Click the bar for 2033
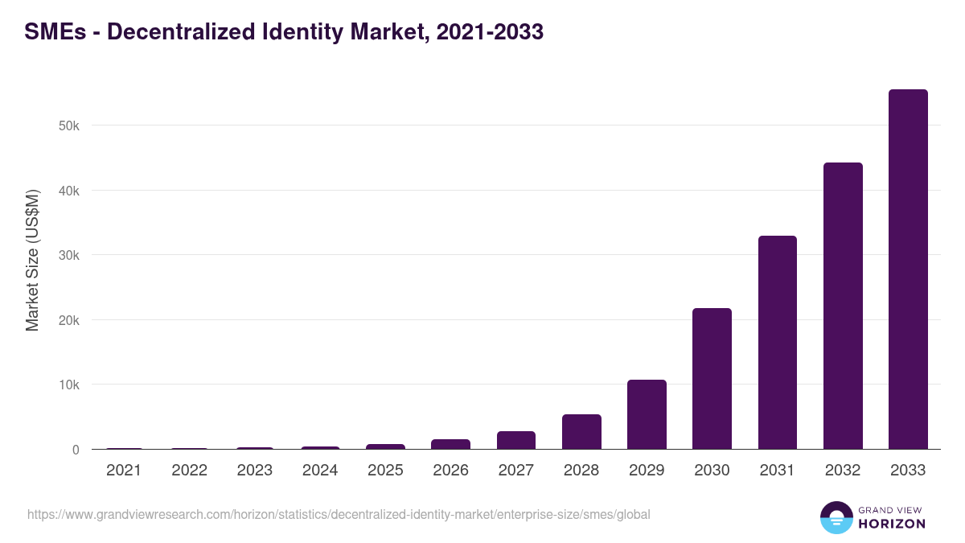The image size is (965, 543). tap(908, 269)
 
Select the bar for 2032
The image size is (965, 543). tap(843, 306)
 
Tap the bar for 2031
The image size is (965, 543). tap(777, 342)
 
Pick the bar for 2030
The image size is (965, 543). tap(712, 378)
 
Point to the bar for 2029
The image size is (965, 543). tap(647, 414)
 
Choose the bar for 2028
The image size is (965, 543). tap(581, 431)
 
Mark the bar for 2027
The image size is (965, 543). tap(516, 440)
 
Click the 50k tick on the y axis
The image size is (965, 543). tap(69, 126)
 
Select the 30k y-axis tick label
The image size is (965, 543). tap(69, 256)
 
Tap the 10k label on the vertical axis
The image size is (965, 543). tap(69, 385)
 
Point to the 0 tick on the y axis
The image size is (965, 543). tap(76, 450)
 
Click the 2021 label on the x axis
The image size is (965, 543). tap(124, 471)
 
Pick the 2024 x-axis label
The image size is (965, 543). tap(320, 471)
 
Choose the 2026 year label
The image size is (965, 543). tap(450, 471)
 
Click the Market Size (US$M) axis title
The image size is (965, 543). tap(32, 261)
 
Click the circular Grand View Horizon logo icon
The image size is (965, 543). tap(836, 517)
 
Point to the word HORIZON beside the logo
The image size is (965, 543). tap(891, 524)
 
